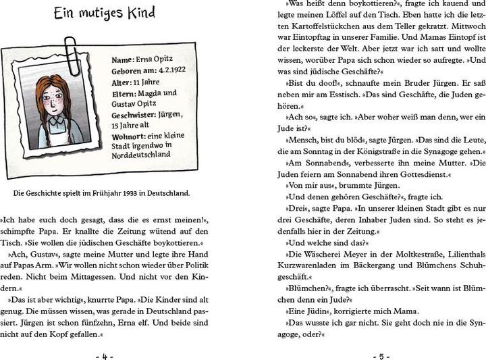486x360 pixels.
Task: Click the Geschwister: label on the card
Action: [x=136, y=113]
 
